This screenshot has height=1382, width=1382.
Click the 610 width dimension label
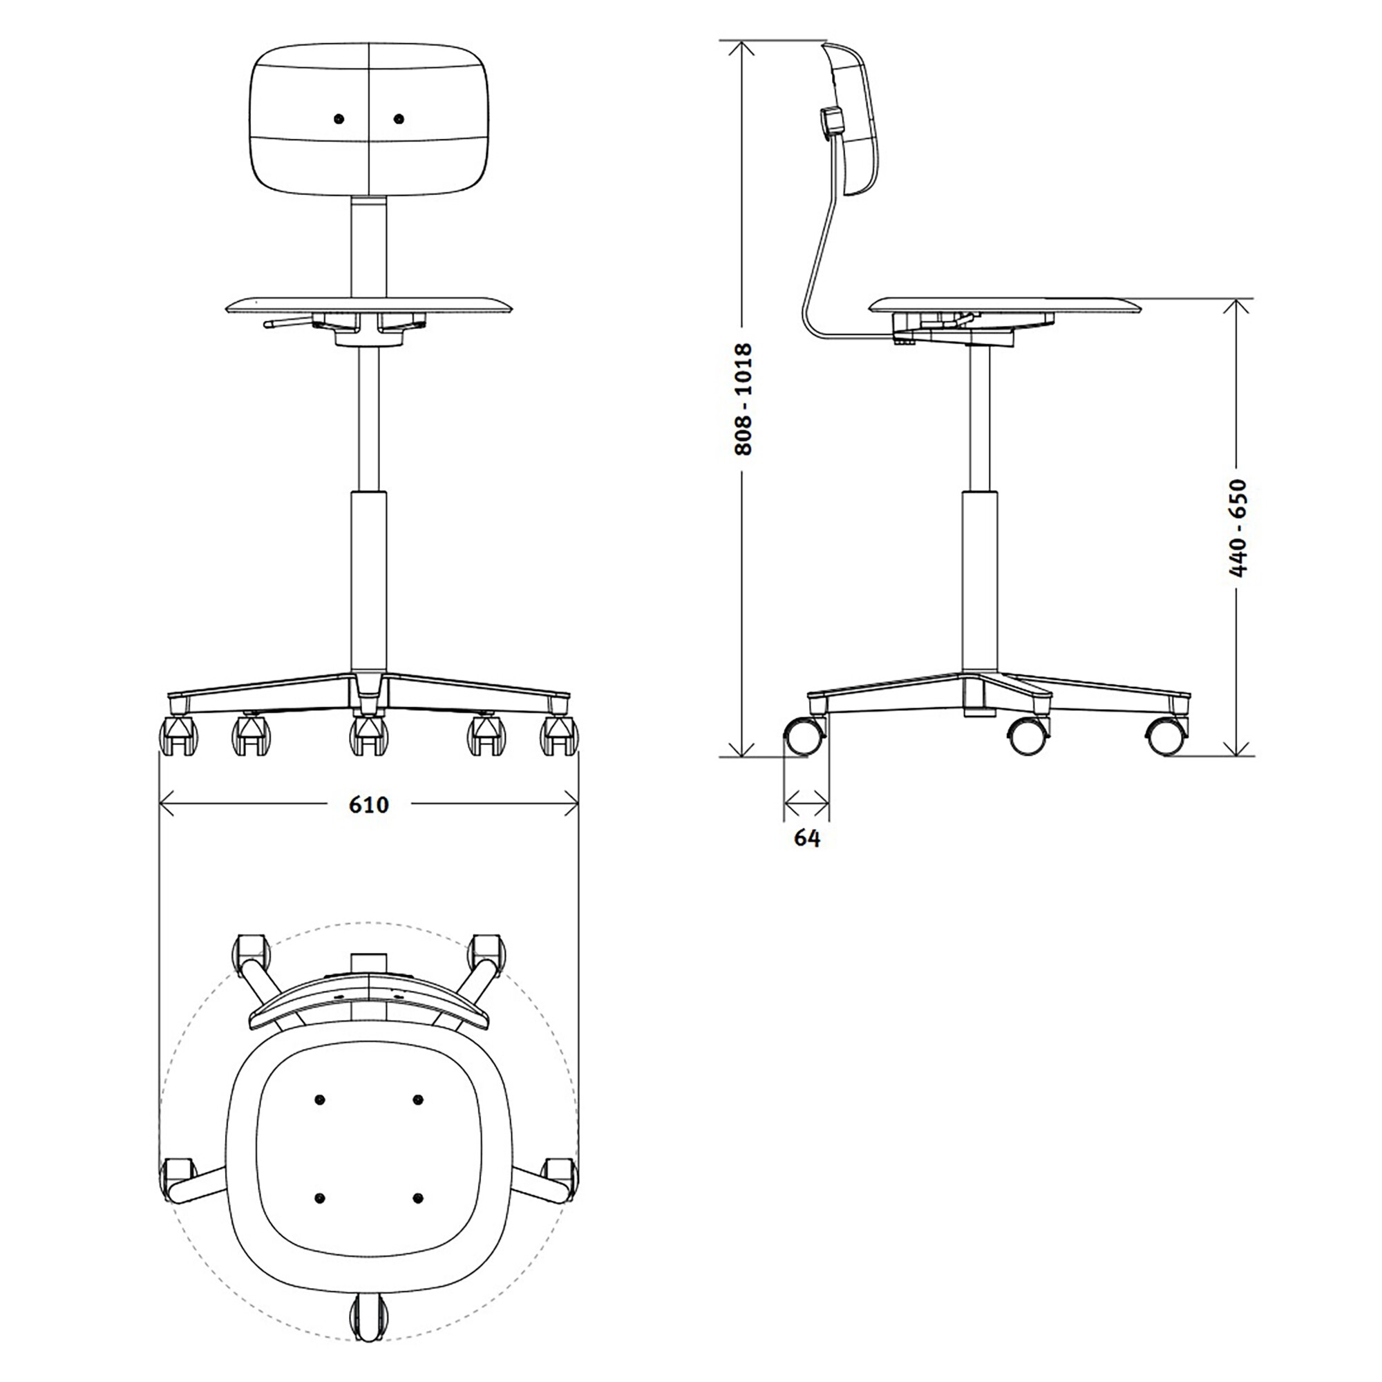click(x=368, y=805)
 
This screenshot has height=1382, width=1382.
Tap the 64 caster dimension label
click(x=807, y=837)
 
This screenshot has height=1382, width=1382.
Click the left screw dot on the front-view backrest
click(x=339, y=118)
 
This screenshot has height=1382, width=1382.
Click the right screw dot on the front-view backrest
click(x=399, y=118)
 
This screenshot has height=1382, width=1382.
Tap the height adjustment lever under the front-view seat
click(x=286, y=323)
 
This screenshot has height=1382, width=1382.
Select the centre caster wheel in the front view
click(x=368, y=737)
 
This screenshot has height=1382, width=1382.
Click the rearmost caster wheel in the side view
click(x=804, y=736)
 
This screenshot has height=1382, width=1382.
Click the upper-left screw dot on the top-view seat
click(x=319, y=1099)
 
